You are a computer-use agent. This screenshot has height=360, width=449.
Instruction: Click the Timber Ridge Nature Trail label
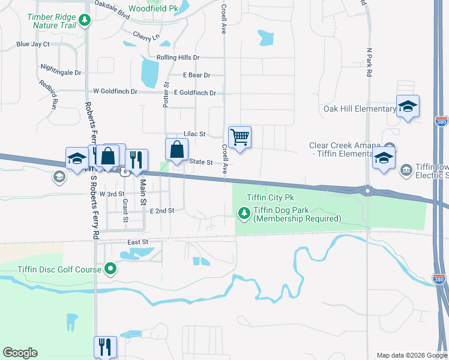52,21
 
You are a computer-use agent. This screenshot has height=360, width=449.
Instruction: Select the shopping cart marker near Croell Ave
240,138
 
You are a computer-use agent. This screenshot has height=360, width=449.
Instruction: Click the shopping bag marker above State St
177,151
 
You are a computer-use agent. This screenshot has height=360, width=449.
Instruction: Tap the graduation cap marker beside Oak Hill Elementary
408,107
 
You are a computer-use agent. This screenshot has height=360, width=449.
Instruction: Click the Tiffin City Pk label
270,197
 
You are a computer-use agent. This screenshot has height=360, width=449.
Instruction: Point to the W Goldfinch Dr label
115,92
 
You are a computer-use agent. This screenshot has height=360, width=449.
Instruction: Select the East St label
137,242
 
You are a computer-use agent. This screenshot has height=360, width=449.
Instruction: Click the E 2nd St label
162,211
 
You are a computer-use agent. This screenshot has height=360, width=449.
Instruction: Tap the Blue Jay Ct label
33,44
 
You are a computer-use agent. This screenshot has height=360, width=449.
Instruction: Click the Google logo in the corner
20,353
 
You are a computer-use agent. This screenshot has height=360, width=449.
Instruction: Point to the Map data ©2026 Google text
411,355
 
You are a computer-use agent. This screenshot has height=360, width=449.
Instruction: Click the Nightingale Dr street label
61,73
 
